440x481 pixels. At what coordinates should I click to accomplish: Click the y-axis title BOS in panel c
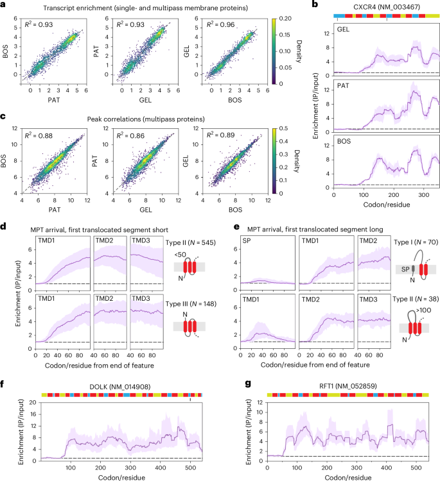tap(8, 158)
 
